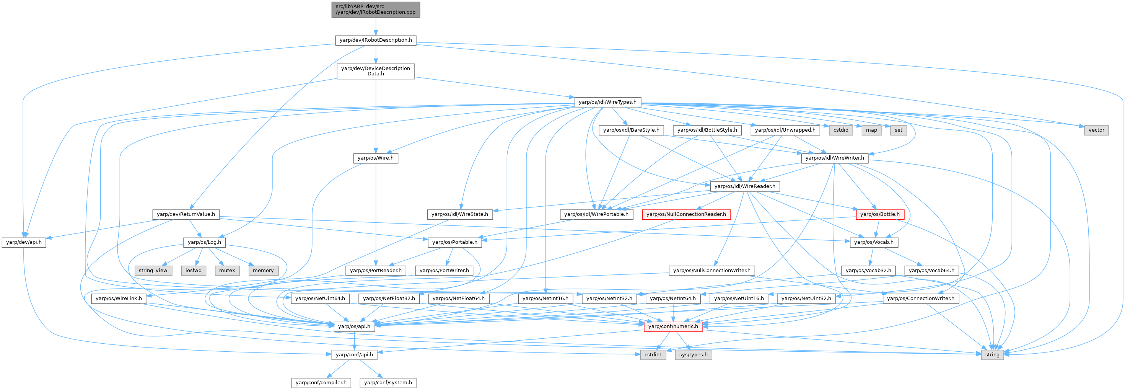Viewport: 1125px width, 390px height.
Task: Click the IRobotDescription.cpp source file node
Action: click(x=376, y=9)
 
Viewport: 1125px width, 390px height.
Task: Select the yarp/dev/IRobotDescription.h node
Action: click(x=376, y=40)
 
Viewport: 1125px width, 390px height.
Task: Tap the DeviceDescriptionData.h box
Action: click(x=376, y=71)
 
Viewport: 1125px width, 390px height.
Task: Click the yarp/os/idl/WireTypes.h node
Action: click(x=607, y=102)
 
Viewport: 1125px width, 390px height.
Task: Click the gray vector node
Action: click(x=1096, y=130)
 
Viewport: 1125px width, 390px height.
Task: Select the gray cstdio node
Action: click(x=840, y=130)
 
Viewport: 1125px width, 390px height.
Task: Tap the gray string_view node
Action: click(x=153, y=271)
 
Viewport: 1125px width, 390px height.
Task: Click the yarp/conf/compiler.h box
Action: click(x=321, y=383)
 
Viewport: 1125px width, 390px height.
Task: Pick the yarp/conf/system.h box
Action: click(x=388, y=383)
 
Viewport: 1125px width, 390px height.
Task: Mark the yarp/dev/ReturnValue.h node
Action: click(x=186, y=214)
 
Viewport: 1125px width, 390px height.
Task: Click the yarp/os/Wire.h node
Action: click(x=376, y=158)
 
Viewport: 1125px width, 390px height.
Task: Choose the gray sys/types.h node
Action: click(x=693, y=355)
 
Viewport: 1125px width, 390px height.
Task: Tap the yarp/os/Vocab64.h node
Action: click(x=931, y=271)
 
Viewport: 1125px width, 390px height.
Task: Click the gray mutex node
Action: click(x=227, y=271)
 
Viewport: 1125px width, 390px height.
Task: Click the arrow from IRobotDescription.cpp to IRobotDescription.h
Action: click(x=376, y=26)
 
